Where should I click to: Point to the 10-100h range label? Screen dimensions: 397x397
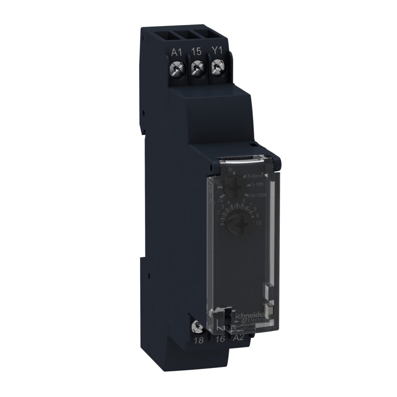[x=258, y=195]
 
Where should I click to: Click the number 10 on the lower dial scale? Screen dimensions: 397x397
[x=258, y=223]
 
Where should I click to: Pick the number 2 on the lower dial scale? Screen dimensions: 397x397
[x=218, y=213]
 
